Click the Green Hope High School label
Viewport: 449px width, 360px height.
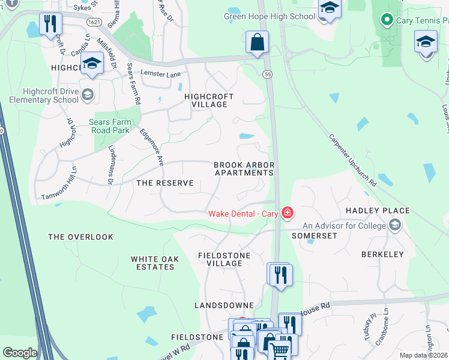270,16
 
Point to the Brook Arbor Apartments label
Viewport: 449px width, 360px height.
244,169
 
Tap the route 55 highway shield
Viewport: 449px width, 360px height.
267,74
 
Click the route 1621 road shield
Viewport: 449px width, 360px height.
94,22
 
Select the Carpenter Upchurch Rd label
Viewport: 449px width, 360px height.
352,159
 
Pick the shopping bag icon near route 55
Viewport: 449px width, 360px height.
257,43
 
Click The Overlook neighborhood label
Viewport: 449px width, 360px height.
80,237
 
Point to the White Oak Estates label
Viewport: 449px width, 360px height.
152,263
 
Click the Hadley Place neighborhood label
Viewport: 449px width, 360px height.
378,211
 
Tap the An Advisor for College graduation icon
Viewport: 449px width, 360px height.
395,226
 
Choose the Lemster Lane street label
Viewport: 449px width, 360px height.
160,74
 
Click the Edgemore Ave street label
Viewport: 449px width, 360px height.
151,147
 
